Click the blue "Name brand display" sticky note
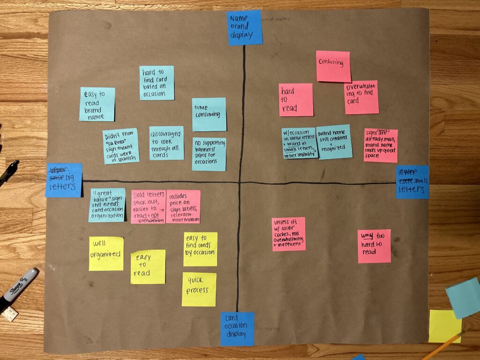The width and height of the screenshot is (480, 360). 245,28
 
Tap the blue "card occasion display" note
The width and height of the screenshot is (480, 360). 237,329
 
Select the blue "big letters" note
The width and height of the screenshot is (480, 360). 64,180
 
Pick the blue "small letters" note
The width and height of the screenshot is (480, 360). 412,182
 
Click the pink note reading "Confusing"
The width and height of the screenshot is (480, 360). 333,66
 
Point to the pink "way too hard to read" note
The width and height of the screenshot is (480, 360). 374,246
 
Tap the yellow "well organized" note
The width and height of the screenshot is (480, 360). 106,254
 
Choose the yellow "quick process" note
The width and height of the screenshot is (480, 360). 199,289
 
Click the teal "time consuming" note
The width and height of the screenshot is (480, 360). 209,114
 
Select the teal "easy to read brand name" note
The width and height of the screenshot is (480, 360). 97,104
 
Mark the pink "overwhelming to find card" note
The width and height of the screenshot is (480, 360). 361,97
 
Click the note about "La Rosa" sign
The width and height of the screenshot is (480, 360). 121,146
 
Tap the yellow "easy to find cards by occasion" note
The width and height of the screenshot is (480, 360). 200,249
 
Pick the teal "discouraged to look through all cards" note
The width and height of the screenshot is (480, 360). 166,143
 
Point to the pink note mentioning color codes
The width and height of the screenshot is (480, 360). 288,234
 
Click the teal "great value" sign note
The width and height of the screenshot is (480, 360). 107,205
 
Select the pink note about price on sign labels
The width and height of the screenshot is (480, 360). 183,206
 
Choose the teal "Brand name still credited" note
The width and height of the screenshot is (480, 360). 334,142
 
